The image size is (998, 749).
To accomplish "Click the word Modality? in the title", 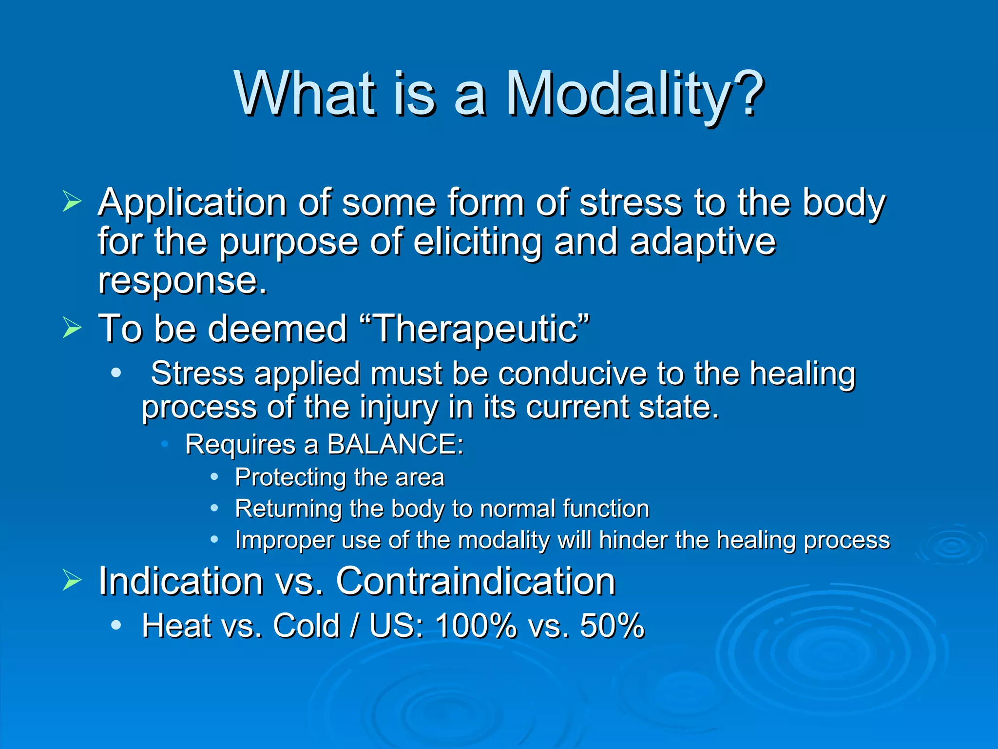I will tap(633, 94).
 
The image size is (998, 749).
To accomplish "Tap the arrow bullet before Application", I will tap(72, 202).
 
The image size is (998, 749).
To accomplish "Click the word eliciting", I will tap(477, 242).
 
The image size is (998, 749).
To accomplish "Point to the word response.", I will tap(182, 281).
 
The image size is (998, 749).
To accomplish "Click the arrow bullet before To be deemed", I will tap(72, 328).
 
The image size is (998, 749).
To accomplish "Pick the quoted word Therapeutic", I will tap(476, 329).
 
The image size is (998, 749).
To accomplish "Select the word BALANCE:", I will tap(395, 444).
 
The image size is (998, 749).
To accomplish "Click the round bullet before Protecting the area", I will tap(214, 477).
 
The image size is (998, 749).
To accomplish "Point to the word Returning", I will tap(288, 509).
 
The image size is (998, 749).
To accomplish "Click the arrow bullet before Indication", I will tap(72, 581).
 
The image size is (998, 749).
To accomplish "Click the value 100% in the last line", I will tap(476, 626).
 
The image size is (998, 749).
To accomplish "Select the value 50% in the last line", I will tap(612, 626).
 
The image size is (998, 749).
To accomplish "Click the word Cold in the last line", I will tap(306, 626).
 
